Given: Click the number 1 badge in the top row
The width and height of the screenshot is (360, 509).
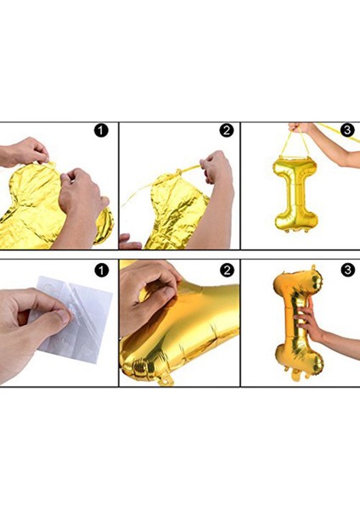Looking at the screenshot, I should point(102,131).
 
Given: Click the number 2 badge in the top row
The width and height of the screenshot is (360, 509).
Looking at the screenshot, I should point(226,131).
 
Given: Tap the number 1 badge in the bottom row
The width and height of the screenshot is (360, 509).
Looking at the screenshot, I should point(102,271).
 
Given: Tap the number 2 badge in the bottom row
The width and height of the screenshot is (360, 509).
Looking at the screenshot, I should point(226,271).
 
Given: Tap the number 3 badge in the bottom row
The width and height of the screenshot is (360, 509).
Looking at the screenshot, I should point(346,271).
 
